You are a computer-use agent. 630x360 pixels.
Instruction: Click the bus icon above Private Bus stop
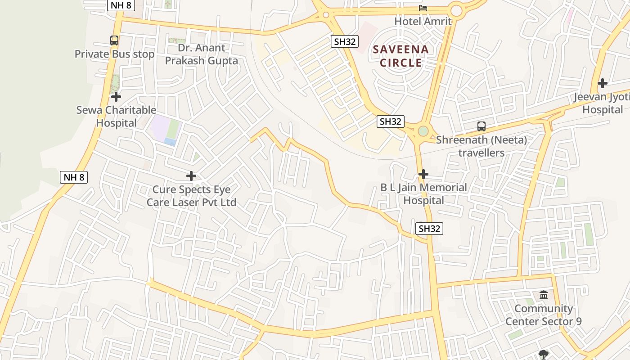click(114, 40)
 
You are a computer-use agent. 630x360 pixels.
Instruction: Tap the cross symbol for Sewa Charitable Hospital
click(116, 97)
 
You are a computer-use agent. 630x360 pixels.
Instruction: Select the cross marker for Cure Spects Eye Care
click(191, 175)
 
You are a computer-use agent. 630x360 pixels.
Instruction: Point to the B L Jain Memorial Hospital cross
click(423, 174)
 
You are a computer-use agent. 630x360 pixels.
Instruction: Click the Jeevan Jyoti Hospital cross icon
click(602, 83)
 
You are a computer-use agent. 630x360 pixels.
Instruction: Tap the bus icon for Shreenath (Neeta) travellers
click(481, 126)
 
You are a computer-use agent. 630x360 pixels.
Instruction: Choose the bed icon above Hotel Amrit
click(423, 8)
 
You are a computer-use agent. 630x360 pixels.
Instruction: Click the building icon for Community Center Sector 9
click(544, 295)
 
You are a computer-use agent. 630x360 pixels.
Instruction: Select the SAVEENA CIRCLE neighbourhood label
click(400, 56)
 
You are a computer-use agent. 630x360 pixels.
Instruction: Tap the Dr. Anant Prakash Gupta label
click(201, 54)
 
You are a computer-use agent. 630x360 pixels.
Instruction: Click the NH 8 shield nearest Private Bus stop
click(121, 5)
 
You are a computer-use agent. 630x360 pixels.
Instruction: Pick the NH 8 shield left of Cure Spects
click(74, 177)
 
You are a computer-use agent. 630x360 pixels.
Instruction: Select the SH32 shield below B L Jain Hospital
click(429, 229)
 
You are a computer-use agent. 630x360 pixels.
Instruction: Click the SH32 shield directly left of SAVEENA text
click(345, 42)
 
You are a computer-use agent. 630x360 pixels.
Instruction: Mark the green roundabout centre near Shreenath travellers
click(423, 131)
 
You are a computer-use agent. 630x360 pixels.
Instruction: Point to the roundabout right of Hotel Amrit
click(456, 10)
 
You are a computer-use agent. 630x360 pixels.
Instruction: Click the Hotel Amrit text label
click(423, 21)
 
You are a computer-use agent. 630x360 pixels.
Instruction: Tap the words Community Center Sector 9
click(543, 315)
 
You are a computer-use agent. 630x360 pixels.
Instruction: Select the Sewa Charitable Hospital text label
click(116, 117)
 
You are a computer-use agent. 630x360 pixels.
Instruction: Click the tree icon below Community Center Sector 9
click(544, 354)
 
